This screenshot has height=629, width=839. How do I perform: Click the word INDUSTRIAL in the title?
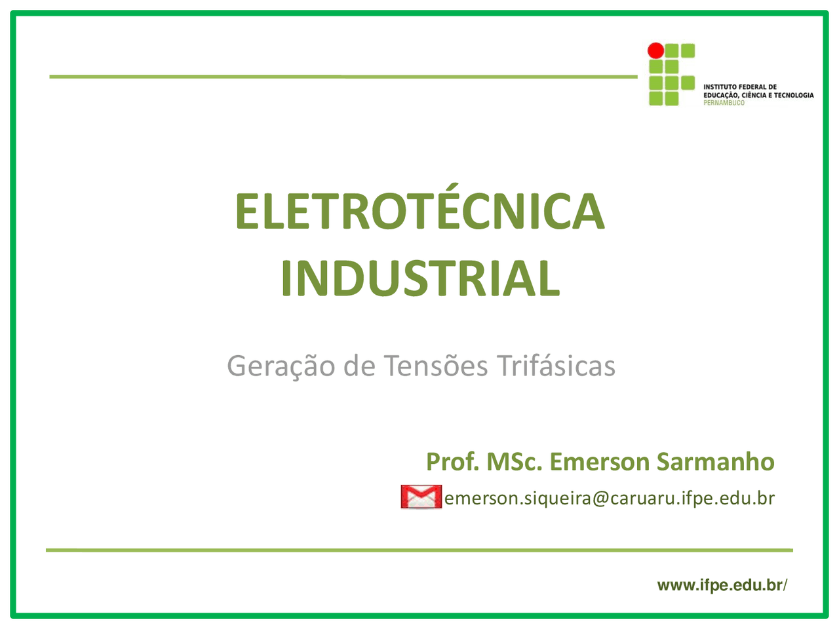pyautogui.click(x=420, y=278)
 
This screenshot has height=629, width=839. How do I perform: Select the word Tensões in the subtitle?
pyautogui.click(x=436, y=366)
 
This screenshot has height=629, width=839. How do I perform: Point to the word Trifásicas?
pyautogui.click(x=556, y=365)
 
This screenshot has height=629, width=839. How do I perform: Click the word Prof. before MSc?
pyautogui.click(x=452, y=462)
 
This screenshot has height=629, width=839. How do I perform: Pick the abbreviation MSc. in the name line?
pyautogui.click(x=515, y=462)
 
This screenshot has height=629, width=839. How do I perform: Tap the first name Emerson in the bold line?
pyautogui.click(x=599, y=462)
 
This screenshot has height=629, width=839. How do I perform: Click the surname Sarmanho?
pyautogui.click(x=716, y=462)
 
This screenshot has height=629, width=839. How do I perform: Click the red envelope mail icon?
pyautogui.click(x=421, y=497)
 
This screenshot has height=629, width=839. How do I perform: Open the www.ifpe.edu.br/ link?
pyautogui.click(x=722, y=585)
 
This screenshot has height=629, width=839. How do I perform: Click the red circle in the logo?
pyautogui.click(x=655, y=50)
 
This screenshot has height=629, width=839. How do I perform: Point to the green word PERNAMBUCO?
pyautogui.click(x=724, y=103)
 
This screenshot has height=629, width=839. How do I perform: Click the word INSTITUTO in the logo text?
pyautogui.click(x=719, y=87)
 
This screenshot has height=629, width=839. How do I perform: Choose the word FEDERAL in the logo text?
pyautogui.click(x=751, y=87)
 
